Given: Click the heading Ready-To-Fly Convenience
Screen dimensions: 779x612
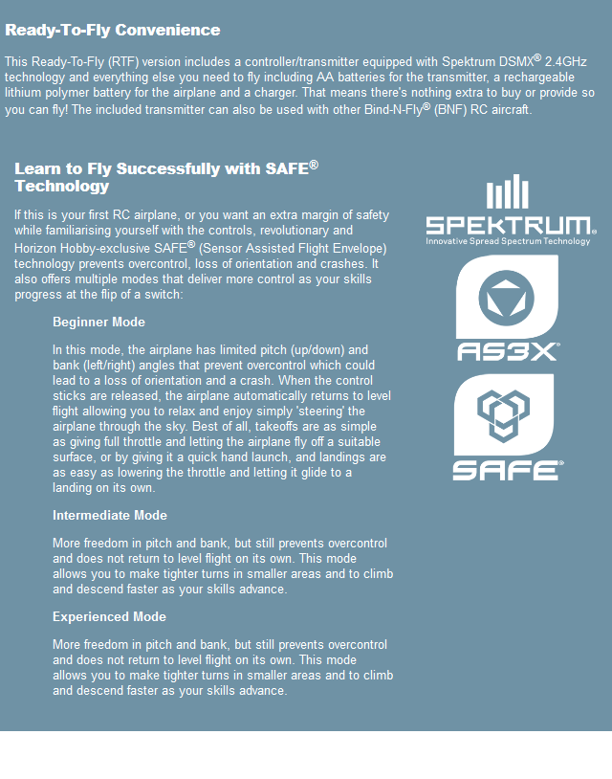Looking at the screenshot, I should point(113,30).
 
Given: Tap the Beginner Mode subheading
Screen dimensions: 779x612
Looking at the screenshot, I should point(98,322).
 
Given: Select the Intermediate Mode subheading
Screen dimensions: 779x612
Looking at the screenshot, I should point(110,516).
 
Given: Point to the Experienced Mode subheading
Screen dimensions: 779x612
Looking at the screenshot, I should point(109,617).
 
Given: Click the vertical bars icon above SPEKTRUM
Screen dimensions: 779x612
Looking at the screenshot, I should point(507,192).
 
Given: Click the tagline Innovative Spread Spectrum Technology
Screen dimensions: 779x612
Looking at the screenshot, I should point(509,241).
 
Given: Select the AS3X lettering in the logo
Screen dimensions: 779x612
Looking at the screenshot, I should point(508,351).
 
